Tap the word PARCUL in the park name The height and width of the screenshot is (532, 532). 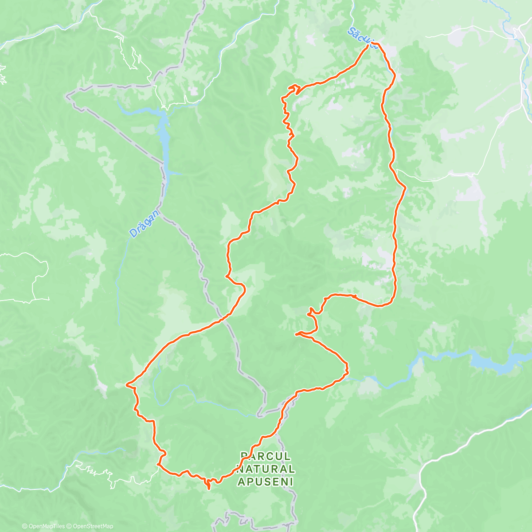(266, 456)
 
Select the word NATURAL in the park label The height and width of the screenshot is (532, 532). (266, 469)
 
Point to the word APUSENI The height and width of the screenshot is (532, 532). (266, 482)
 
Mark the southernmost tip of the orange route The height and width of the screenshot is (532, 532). (209, 489)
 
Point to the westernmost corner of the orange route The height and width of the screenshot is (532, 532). (127, 383)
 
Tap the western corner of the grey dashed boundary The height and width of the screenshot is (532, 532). (68, 95)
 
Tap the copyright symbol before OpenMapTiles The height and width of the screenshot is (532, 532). (25, 526)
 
